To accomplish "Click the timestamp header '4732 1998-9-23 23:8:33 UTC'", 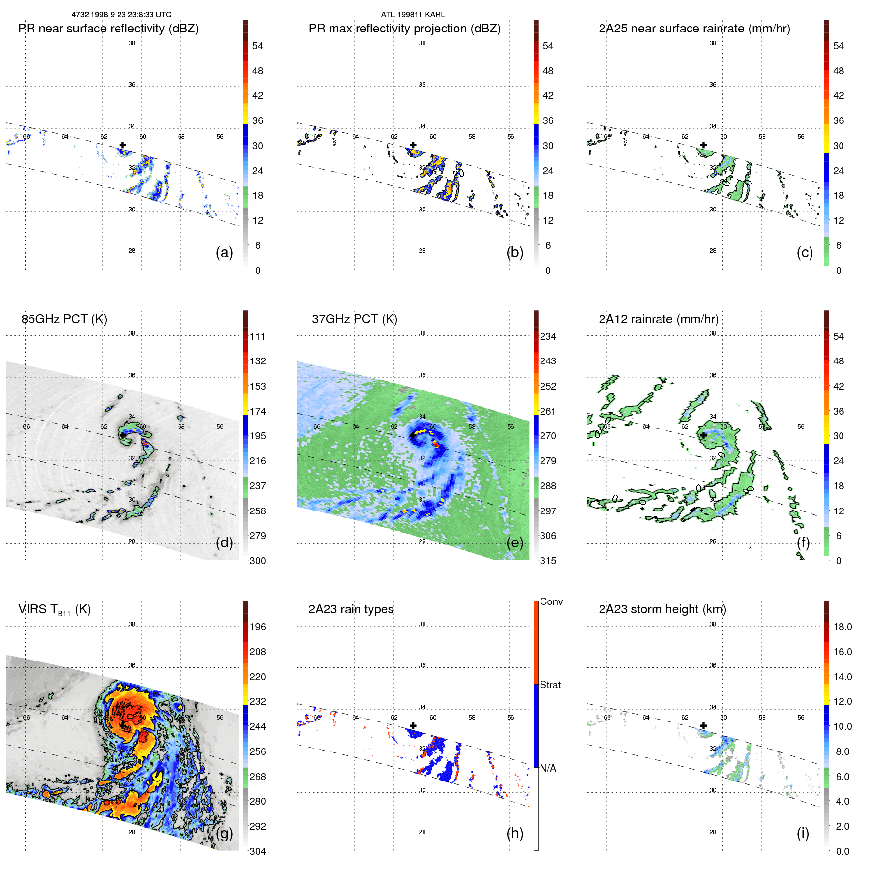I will coord(121,15).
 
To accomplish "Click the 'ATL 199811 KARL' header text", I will coord(413,15).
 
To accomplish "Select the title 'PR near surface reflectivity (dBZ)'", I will coord(108,29).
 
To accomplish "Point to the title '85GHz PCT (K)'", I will coord(64,319).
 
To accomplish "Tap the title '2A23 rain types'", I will coord(351,609).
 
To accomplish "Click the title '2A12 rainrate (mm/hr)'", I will coord(658,319).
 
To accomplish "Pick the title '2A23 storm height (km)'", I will coord(662,609).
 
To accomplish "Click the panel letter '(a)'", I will coord(224,252).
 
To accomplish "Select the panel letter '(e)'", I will coord(515,542).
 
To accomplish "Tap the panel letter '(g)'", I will coord(224,833).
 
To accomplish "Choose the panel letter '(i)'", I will coord(803,833).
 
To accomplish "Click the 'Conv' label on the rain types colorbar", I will coord(551,601).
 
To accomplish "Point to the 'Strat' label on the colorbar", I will coord(550,685).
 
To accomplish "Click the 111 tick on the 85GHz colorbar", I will coord(257,336).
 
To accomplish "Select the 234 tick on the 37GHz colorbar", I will coord(548,336).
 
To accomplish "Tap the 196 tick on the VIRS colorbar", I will coord(257,627).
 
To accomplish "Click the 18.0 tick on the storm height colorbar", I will coord(842,627).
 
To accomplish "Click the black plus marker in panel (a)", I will coord(122,145).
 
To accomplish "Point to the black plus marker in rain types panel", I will coord(413,725).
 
